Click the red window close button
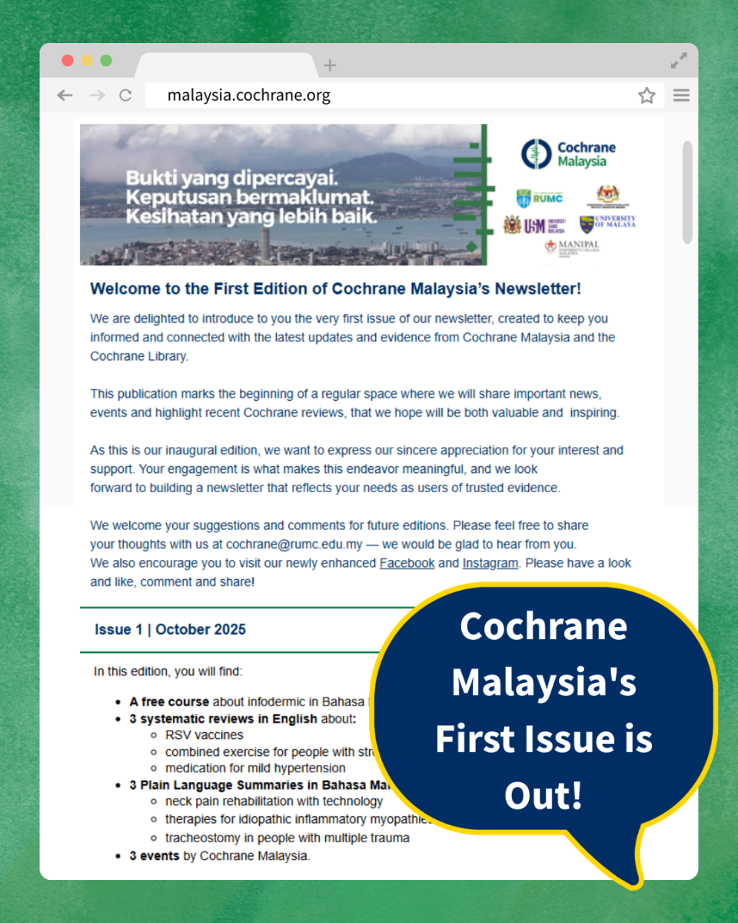[x=68, y=61]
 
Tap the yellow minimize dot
[x=87, y=61]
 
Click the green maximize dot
[x=106, y=61]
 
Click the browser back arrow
[x=65, y=95]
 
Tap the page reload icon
[x=125, y=95]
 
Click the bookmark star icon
[x=647, y=95]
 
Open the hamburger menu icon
[x=681, y=95]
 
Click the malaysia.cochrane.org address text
[x=249, y=95]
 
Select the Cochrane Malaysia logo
[x=568, y=154]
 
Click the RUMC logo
[x=540, y=198]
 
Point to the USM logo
[x=534, y=225]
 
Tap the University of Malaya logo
[x=607, y=224]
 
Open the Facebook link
[x=407, y=563]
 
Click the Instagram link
[x=490, y=563]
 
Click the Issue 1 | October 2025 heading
[x=170, y=629]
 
